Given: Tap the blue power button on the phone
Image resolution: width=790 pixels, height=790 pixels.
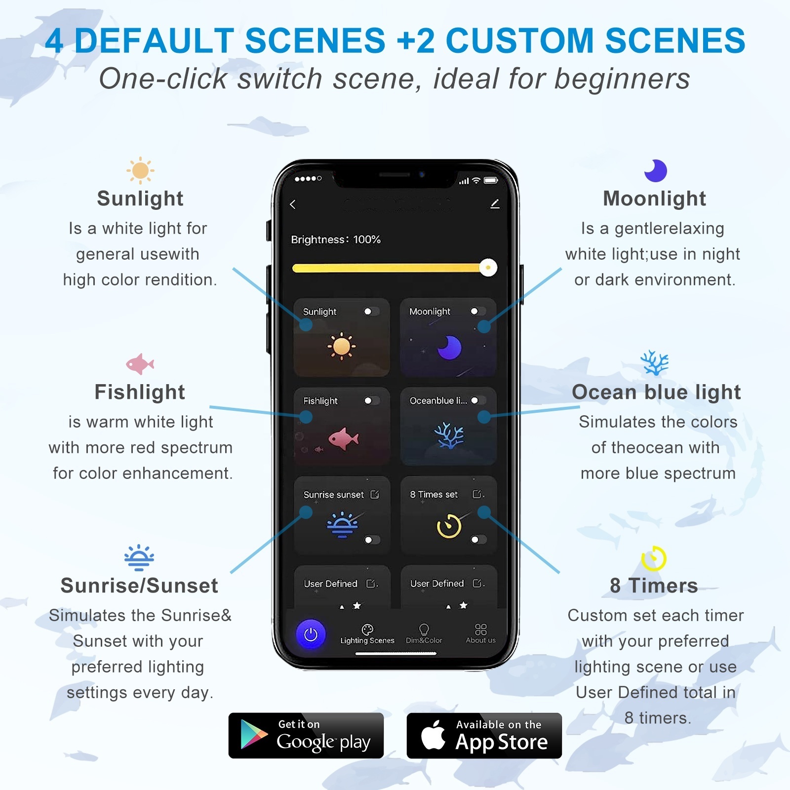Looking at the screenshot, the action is point(311,634).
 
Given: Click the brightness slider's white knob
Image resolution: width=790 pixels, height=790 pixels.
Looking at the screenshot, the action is point(488,268).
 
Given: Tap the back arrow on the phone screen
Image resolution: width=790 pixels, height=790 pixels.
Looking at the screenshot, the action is point(293,204).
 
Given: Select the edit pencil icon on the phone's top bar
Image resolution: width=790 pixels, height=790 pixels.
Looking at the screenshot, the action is point(495,204).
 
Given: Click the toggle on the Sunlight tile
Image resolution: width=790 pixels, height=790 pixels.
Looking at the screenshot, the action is point(371,312).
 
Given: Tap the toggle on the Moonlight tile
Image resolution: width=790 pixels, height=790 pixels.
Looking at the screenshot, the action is point(478,311).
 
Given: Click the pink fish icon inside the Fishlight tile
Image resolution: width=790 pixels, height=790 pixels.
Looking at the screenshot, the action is point(344,438).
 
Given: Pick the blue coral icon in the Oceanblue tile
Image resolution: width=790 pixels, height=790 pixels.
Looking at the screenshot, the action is point(449,435).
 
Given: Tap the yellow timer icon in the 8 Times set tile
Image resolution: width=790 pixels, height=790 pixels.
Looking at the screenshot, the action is point(449,526).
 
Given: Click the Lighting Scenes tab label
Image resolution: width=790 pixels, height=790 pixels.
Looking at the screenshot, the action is point(367,640).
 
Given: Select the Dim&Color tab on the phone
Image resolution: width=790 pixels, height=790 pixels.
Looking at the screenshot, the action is point(424,634).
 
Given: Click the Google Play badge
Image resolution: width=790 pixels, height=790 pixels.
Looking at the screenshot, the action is point(306,735).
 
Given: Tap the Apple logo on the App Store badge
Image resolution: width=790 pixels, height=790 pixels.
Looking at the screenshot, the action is point(433,735).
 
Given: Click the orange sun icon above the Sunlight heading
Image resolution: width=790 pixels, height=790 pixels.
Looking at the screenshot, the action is point(140,171).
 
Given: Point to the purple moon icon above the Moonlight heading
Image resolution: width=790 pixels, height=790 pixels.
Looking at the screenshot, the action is point(656,171).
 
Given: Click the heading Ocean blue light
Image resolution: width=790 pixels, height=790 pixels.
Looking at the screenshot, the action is point(656,392).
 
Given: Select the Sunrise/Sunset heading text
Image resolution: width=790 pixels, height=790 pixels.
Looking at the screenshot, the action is point(139,586).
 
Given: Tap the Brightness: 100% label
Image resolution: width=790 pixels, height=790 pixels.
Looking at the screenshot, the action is point(336,239).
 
